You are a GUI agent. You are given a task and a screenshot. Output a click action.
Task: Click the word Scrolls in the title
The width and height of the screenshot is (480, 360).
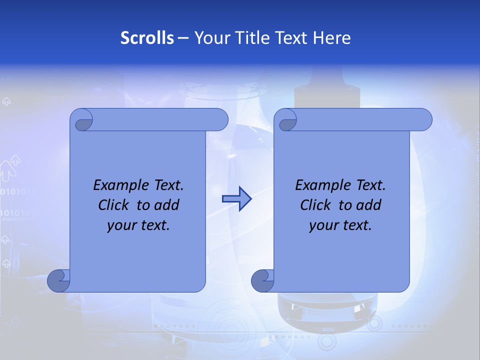[147, 38]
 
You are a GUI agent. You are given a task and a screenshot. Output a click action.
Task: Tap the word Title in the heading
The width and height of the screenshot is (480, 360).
[254, 38]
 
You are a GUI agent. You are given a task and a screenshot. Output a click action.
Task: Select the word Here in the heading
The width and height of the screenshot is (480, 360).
[331, 38]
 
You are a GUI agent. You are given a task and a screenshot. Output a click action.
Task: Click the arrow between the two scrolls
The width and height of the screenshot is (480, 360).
[236, 199]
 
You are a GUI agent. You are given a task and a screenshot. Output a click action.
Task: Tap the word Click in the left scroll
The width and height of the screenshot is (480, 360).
[116, 205]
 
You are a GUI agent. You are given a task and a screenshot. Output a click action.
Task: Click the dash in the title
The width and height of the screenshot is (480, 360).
[183, 38]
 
